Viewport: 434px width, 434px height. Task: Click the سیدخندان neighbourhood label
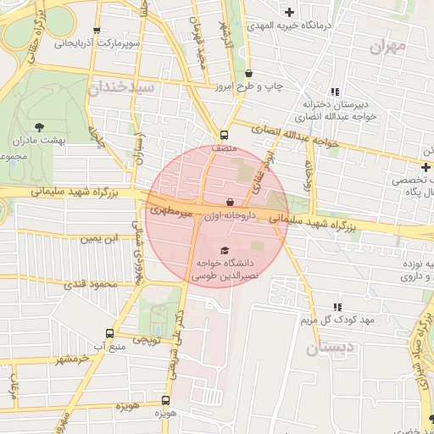point(120,86)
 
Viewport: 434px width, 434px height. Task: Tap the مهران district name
point(388,46)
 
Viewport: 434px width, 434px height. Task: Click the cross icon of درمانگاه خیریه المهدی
point(291,12)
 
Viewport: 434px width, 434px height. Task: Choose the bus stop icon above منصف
point(224,135)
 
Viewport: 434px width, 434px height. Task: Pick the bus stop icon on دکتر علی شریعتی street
point(166,399)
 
